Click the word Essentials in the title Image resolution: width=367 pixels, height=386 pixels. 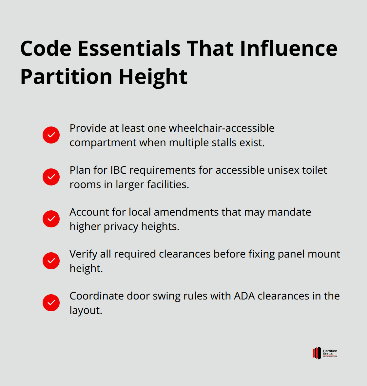pos(129,48)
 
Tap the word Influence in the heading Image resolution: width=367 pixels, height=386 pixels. pos(288,48)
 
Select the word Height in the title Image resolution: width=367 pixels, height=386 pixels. pos(153,77)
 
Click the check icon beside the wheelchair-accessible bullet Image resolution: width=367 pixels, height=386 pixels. pos(51,135)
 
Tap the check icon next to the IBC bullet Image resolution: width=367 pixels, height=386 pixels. pos(51,177)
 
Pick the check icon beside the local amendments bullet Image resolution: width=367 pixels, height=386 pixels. pos(51,219)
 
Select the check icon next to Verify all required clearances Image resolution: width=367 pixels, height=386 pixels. pos(51,261)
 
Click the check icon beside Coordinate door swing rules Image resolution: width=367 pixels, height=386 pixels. pos(51,303)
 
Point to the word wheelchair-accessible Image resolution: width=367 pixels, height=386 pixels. pos(222,128)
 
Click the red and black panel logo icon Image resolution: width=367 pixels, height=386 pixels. pos(317,353)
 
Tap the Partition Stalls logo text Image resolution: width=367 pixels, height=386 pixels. pos(330,353)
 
